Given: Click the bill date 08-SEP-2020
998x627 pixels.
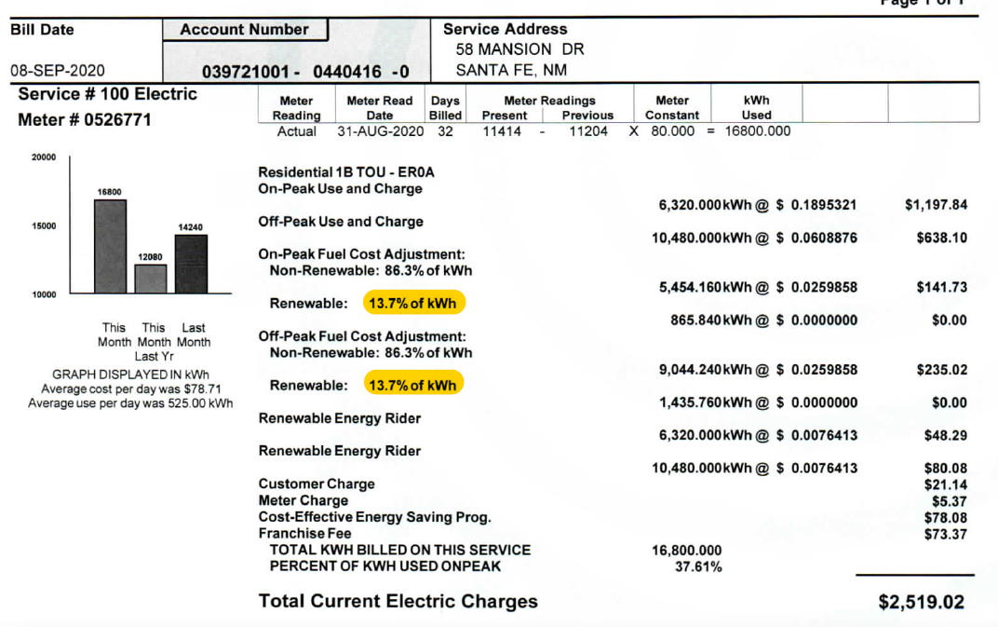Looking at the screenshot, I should [57, 70].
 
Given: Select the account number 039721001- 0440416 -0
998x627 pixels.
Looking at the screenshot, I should [304, 72].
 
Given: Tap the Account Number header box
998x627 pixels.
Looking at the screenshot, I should [245, 30].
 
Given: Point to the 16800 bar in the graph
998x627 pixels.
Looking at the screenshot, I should [110, 246].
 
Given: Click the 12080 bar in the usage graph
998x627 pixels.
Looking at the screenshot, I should [151, 279].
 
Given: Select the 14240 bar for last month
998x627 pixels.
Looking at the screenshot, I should [191, 264].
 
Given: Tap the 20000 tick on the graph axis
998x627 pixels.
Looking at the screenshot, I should [44, 158].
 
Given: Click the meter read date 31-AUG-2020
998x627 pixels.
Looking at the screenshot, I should [380, 131].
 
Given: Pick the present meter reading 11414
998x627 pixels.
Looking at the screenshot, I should [502, 131].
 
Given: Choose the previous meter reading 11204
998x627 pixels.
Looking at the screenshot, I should [588, 131].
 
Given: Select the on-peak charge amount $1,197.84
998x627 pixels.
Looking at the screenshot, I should [937, 205].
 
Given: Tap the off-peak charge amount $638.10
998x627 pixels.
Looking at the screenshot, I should [941, 238].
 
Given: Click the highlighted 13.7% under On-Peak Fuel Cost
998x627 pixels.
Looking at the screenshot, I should [413, 304].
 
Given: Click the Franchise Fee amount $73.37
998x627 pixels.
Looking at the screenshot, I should [945, 534].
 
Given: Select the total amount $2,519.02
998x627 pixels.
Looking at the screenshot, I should [921, 603].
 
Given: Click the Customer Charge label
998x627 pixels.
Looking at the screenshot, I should [317, 484].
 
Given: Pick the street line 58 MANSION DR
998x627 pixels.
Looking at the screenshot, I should [519, 49].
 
